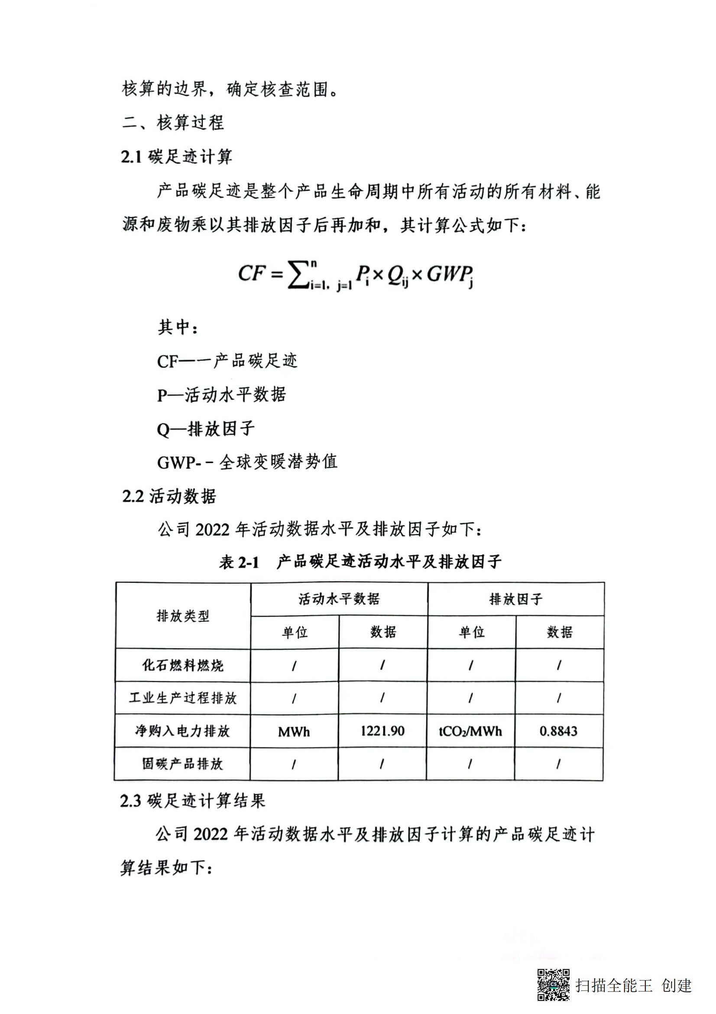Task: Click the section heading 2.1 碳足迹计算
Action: [x=176, y=157]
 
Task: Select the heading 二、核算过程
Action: [x=173, y=123]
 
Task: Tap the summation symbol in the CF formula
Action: [x=298, y=274]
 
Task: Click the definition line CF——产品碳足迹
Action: [x=227, y=361]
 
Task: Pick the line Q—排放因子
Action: [x=206, y=429]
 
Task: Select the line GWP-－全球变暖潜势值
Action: [x=247, y=463]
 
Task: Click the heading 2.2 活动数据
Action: [x=169, y=496]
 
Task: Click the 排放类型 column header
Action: [x=183, y=616]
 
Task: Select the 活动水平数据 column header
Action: [x=339, y=599]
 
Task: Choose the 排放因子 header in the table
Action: [x=516, y=599]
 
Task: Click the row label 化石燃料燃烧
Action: [x=183, y=665]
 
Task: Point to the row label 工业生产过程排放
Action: [x=183, y=698]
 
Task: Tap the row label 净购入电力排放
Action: [x=183, y=731]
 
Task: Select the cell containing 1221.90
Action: [x=382, y=731]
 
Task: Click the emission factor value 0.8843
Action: [x=558, y=731]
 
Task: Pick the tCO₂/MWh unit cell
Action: [x=470, y=731]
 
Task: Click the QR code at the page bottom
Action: [x=553, y=985]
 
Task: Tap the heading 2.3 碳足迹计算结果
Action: [x=193, y=801]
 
